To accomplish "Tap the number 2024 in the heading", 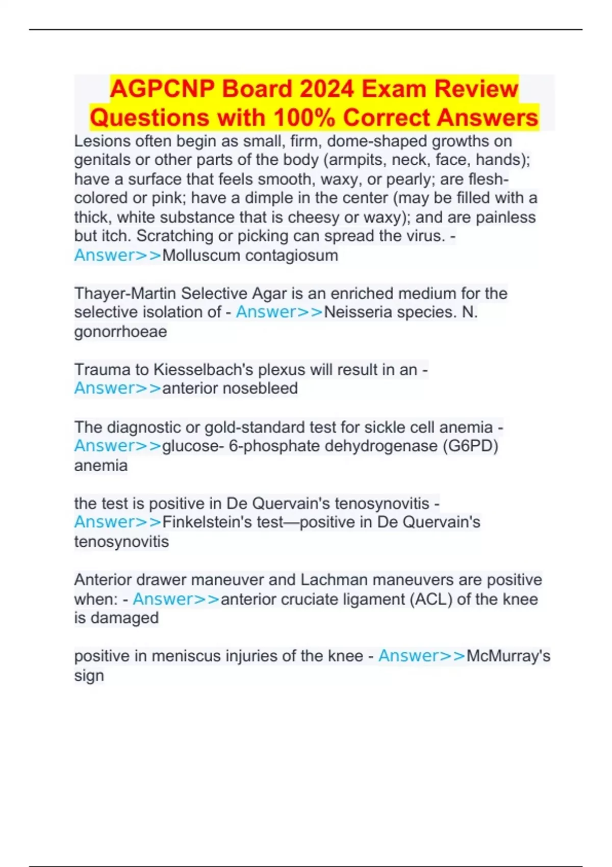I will tap(326, 89).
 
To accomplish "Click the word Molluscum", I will tap(200, 255).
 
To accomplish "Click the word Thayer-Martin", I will tap(125, 293).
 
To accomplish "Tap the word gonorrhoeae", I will tap(120, 331).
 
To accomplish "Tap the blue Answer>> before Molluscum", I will tap(118, 255).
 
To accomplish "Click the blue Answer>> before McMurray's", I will tap(422, 656).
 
